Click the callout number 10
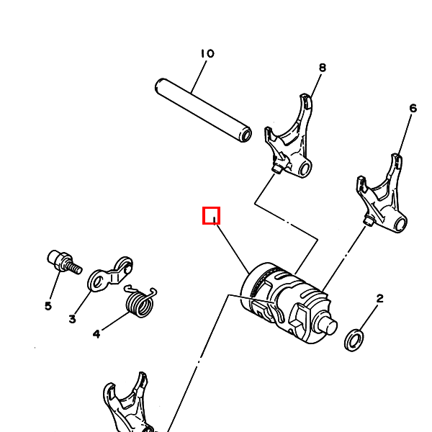pyautogui.click(x=207, y=53)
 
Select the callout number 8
pyautogui.click(x=322, y=68)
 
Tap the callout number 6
pyautogui.click(x=413, y=109)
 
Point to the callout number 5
pyautogui.click(x=48, y=306)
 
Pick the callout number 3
pyautogui.click(x=72, y=319)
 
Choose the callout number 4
pyautogui.click(x=96, y=333)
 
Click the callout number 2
pyautogui.click(x=379, y=298)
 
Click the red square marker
pyautogui.click(x=211, y=215)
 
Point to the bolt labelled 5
pyautogui.click(x=60, y=261)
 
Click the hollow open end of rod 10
pyautogui.click(x=246, y=135)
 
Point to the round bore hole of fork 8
pyautogui.click(x=305, y=170)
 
